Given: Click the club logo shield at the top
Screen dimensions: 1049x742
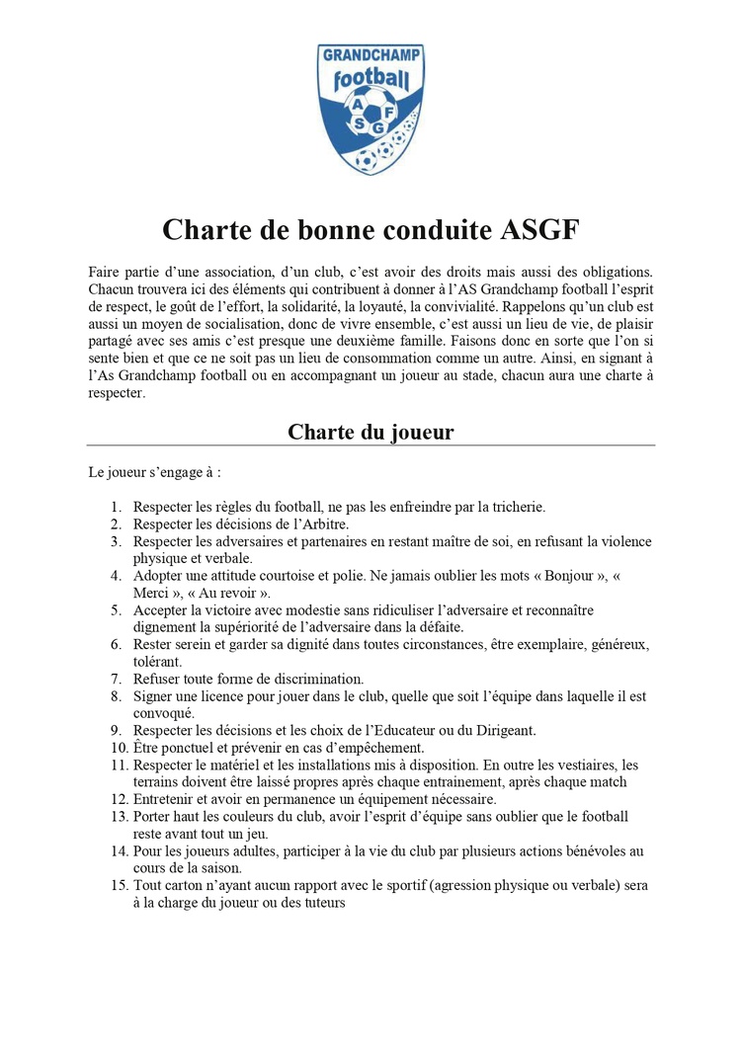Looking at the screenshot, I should pos(371,109).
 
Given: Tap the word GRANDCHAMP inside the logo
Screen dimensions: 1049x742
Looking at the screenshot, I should pos(371,56).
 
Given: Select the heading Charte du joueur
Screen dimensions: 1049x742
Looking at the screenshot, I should pos(371,433).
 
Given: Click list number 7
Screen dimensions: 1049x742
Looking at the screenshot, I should pos(116,679).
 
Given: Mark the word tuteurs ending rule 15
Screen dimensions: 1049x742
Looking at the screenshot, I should pos(320,902).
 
